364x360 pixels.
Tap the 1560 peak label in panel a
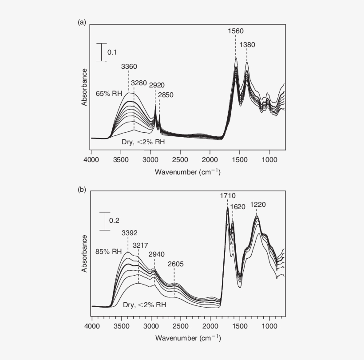236,31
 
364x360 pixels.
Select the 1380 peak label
247,45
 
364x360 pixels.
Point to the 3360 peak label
129,67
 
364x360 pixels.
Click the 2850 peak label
165,95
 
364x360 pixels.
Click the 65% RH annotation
109,94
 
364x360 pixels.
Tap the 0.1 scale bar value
113,52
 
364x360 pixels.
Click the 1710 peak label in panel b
228,195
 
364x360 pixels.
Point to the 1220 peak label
258,205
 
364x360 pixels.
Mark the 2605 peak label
175,264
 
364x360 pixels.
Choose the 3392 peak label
129,232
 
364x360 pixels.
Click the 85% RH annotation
109,251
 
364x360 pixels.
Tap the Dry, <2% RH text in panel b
145,305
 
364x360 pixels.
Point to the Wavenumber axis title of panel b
187,338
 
